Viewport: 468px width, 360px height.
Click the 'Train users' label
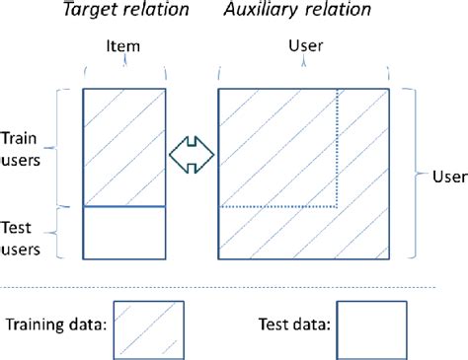(23, 148)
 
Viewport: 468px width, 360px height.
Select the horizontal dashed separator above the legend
(234, 287)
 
